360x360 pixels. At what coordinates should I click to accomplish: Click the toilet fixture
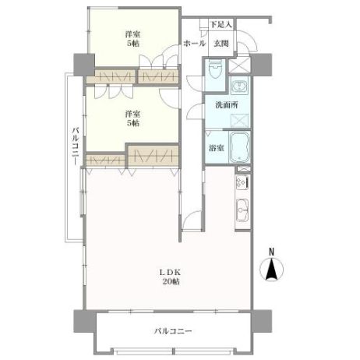coord(214,70)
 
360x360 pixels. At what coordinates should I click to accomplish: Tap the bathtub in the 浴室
coord(239,147)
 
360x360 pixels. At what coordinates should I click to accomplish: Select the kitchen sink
coord(242,210)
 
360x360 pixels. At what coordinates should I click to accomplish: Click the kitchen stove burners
coord(242,182)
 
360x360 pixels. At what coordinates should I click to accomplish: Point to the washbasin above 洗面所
coord(239,86)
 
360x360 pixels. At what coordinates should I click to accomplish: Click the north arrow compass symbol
coord(271,270)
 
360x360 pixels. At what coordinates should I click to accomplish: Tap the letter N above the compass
coord(271,252)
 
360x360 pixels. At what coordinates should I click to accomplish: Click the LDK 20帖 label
coord(171,277)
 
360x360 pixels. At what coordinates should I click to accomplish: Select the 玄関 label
coord(221,44)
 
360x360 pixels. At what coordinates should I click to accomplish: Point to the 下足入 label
coord(221,25)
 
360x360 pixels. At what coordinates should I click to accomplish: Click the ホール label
coord(195,44)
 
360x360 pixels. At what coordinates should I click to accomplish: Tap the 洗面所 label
coord(227,105)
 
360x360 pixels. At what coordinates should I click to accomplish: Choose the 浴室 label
coord(217,148)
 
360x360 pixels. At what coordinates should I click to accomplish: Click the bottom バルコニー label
coord(173,331)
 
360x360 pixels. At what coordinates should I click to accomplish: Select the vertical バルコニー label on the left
coord(76,146)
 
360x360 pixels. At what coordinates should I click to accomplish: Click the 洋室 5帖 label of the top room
coord(132,39)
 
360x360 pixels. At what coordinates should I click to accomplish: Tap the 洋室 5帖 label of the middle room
coord(132,118)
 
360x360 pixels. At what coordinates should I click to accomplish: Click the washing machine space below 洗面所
coord(239,121)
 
